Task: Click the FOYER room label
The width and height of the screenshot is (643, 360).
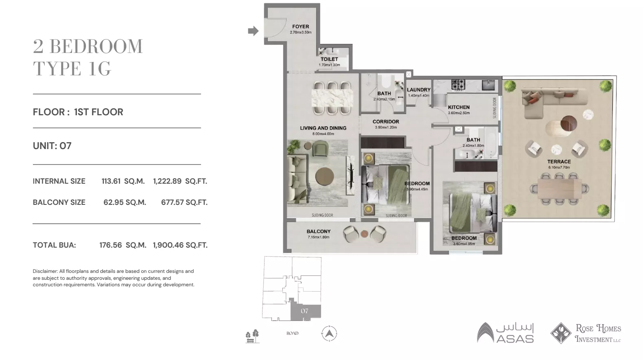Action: point(300,27)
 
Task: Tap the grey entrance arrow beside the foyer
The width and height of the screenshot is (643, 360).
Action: point(253,31)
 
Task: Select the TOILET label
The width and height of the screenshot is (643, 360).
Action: point(329,59)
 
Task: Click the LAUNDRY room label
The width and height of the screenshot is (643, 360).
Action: point(418,90)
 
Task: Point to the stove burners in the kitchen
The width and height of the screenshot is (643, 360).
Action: point(458,85)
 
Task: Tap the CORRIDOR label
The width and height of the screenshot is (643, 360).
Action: point(385,122)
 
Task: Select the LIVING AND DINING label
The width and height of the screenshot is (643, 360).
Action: point(323,128)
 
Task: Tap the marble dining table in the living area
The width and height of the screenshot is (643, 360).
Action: point(332,98)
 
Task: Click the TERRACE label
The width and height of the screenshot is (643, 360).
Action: point(559,162)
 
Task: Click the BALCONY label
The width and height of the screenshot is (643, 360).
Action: point(318,232)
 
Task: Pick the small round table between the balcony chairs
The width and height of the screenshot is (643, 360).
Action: point(364,234)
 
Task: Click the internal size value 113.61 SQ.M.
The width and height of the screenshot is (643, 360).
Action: point(123,182)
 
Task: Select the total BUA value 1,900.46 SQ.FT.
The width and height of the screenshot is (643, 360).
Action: point(180,245)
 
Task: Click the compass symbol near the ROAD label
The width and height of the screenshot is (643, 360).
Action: point(329,334)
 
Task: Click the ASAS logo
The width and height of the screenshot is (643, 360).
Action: point(505,333)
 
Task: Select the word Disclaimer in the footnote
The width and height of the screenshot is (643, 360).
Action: point(45,271)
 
